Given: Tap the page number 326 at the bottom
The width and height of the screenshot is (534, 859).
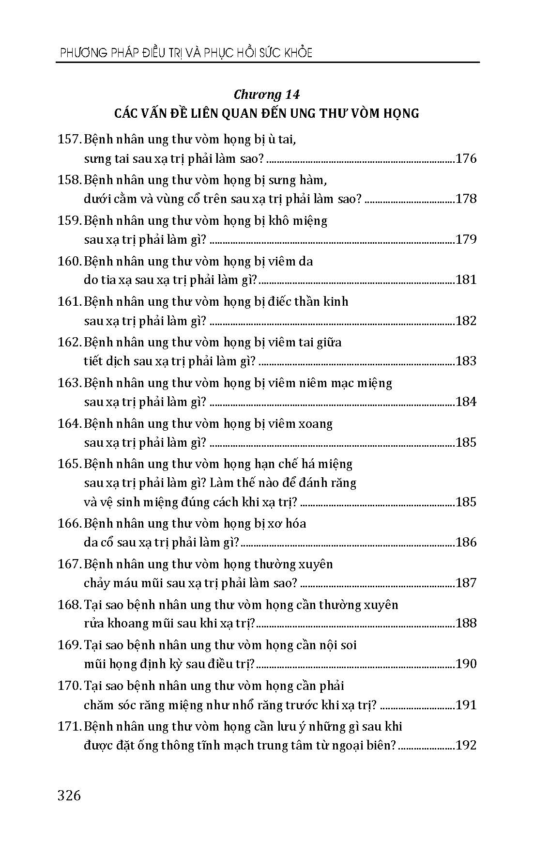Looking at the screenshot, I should pos(69,796).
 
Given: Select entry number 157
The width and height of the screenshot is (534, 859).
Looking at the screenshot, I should pos(69,140).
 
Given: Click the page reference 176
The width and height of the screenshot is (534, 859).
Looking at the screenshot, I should pos(466,158).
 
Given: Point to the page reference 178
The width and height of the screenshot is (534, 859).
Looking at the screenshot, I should pos(466,199).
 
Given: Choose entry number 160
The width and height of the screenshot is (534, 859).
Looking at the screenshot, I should pos(69,262).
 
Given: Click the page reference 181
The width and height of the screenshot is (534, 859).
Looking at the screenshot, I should pos(466,280).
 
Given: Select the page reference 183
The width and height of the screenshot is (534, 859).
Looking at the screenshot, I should pos(466,361).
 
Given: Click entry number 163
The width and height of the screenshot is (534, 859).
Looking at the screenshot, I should pos(69,383).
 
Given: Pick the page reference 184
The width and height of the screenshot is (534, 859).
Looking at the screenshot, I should pos(466,402).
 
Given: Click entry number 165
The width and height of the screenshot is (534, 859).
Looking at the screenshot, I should pos(69,464).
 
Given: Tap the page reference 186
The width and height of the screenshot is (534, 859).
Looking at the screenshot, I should pos(466,542).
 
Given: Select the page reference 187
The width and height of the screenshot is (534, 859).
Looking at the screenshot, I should pos(466,583).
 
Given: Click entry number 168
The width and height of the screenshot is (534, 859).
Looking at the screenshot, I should pos(69,605).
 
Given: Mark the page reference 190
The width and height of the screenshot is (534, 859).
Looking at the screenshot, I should pos(466,664).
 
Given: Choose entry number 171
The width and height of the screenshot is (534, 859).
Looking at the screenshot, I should pos(69,727).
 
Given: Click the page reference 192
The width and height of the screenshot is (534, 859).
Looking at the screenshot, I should pos(466,745).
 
